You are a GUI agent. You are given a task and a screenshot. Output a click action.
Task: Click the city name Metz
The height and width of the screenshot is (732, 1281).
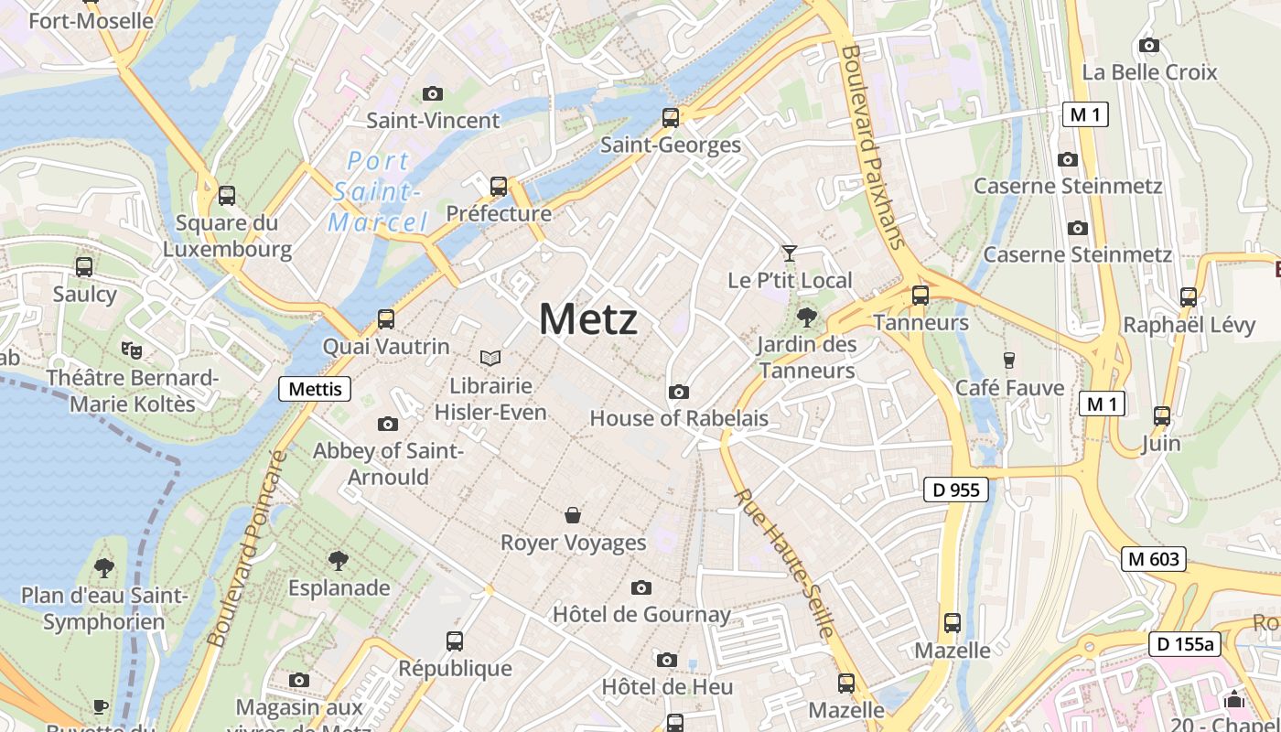[587, 319]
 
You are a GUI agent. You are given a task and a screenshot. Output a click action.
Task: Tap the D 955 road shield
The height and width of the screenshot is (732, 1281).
[956, 490]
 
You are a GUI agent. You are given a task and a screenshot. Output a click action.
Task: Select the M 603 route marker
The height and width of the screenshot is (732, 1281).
[1153, 558]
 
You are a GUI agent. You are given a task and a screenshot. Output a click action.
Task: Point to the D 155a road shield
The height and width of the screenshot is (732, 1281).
[1185, 644]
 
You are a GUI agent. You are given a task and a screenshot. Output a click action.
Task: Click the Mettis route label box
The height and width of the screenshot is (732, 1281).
[315, 389]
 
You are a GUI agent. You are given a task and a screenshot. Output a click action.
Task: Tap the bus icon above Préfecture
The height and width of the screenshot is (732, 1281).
[499, 187]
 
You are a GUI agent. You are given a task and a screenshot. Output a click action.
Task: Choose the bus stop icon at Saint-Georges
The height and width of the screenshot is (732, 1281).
[671, 118]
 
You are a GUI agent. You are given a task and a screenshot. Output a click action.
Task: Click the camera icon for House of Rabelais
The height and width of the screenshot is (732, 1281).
[678, 392]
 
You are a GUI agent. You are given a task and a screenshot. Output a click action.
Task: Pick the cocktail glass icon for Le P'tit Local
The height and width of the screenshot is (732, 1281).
[789, 253]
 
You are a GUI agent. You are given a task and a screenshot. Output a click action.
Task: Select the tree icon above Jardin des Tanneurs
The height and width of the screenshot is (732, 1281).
[806, 318]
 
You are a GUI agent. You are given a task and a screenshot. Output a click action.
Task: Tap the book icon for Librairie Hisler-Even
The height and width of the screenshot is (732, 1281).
[490, 358]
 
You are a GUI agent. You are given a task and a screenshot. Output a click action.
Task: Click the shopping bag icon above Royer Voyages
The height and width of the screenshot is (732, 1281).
[573, 515]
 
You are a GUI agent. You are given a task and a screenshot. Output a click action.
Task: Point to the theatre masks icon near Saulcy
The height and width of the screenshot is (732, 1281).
[132, 349]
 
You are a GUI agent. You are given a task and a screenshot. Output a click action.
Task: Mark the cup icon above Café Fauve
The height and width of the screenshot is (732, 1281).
[1009, 361]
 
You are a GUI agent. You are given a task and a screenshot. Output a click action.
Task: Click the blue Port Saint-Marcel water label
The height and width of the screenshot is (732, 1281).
[378, 191]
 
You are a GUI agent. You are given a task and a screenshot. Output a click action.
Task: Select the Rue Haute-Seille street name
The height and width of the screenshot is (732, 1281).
[784, 563]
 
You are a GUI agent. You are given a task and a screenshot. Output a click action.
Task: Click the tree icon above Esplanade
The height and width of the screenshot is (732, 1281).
[339, 560]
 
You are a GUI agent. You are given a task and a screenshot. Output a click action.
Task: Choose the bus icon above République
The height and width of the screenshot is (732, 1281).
[455, 641]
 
